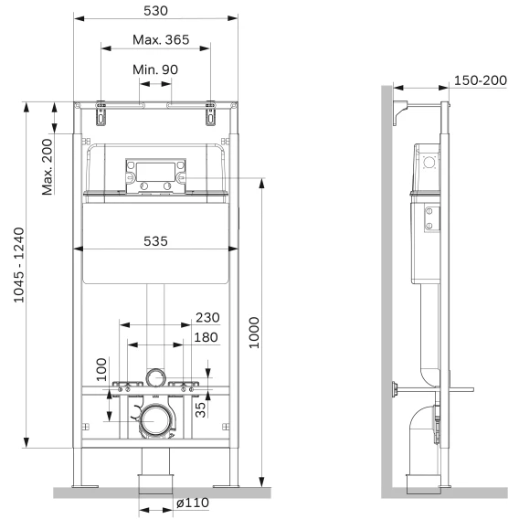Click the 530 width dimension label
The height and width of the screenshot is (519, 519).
point(155,11)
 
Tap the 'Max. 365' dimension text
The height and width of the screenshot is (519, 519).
point(161,39)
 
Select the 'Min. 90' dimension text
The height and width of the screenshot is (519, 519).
point(155,69)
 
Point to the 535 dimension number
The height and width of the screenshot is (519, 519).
point(155,241)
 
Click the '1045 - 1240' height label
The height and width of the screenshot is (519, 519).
point(19,265)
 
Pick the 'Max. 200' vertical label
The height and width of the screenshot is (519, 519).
point(48,167)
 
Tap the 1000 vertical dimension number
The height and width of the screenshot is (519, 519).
point(254,333)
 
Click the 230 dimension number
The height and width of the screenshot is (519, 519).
point(207,317)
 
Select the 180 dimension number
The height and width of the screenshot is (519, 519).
point(206,337)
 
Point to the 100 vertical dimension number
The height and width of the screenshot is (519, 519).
point(101,369)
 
